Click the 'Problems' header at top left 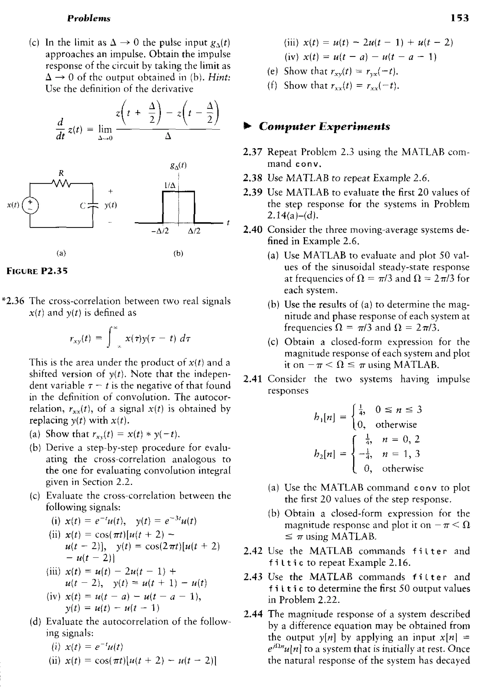point(89,19)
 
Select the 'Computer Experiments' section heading point(324,126)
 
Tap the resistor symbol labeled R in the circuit point(61,182)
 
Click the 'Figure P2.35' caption point(37,271)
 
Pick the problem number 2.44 point(253,614)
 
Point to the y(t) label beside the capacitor point(110,205)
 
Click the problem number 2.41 point(253,379)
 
